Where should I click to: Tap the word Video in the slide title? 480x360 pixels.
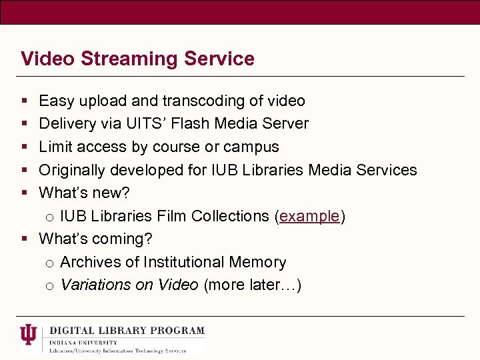click(x=48, y=59)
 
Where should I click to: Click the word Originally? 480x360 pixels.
click(x=72, y=170)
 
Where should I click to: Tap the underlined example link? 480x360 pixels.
click(x=309, y=216)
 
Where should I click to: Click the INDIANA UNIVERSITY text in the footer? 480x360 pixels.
click(x=77, y=341)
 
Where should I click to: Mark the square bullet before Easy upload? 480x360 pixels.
click(x=24, y=101)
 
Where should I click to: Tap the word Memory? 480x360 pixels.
click(x=257, y=262)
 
